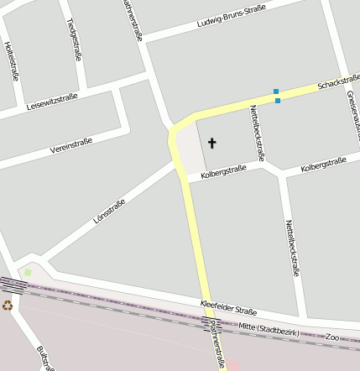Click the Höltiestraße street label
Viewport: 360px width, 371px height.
(x=12, y=60)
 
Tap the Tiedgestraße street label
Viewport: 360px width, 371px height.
(x=73, y=39)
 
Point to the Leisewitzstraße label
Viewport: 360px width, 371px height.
(x=52, y=102)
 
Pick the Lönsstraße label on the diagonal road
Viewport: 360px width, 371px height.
(x=108, y=215)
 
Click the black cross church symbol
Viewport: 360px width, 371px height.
(x=211, y=144)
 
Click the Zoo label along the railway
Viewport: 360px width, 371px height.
(x=332, y=336)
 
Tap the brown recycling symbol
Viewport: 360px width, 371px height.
(x=8, y=306)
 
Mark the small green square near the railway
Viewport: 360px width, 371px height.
(x=28, y=272)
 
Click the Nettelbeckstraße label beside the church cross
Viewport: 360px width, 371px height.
(x=257, y=132)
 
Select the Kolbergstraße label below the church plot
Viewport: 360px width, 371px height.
(x=223, y=171)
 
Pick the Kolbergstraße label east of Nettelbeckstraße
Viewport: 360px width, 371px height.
(x=323, y=165)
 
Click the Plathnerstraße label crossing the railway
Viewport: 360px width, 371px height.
(x=217, y=344)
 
